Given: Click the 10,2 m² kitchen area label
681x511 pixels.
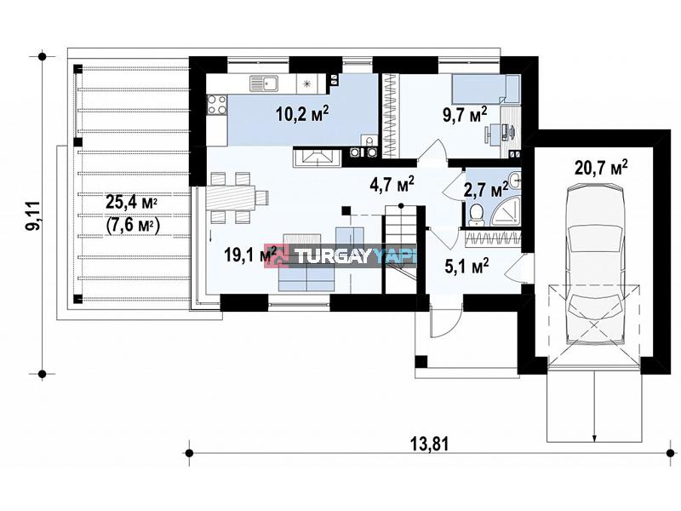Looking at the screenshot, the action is point(302,114).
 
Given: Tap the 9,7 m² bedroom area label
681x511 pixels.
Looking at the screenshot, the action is point(464,115).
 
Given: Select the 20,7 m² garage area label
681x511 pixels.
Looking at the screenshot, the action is point(601,167).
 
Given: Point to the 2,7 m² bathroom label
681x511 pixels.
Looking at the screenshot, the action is point(485,190).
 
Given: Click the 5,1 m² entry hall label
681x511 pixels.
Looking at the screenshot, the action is point(467,266).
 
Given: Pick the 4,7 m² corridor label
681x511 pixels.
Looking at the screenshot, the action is point(392,184).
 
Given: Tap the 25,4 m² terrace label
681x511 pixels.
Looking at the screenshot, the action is point(132,202).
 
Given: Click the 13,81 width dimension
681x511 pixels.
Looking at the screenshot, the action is point(429,444).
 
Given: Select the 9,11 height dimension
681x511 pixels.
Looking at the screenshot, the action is point(33,215).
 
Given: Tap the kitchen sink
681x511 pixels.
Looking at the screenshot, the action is point(264,83).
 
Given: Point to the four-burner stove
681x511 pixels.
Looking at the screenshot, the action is point(216,105).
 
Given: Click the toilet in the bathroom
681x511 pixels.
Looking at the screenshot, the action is point(477,215).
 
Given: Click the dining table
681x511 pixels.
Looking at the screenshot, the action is point(231,198).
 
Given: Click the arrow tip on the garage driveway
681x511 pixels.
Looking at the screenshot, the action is point(593,440).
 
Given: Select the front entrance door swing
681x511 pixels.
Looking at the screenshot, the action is point(447,322).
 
